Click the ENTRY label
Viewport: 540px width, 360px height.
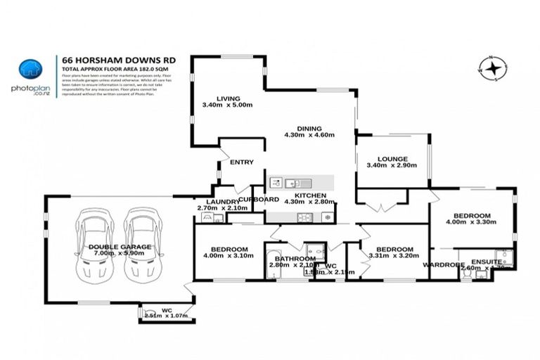tap(242, 162)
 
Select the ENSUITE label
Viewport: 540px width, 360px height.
tap(487, 262)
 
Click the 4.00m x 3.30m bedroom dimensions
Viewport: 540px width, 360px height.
tap(471, 222)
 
